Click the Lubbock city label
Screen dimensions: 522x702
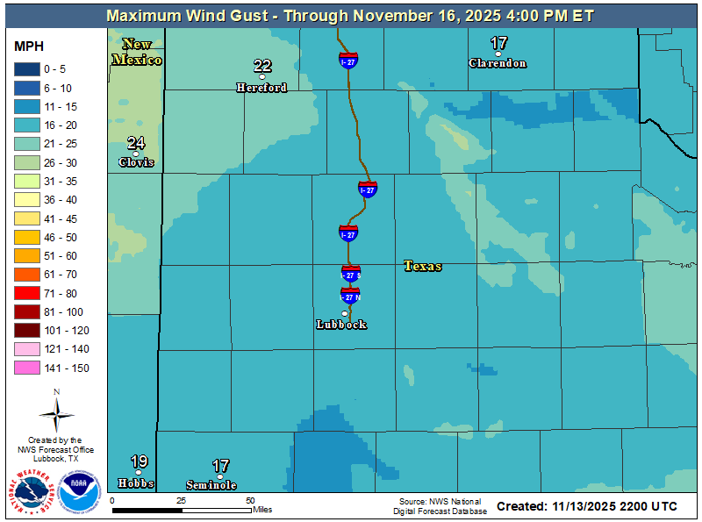click(341, 325)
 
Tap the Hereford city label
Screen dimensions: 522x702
click(261, 88)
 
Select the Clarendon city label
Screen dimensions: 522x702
click(498, 63)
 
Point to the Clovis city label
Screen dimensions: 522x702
click(136, 162)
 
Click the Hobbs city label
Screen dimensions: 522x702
click(136, 483)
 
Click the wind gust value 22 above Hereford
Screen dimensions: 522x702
click(262, 66)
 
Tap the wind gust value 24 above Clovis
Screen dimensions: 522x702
click(136, 143)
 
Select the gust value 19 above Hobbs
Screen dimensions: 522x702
click(139, 461)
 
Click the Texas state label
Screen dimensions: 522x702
click(423, 266)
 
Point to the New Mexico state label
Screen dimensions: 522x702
click(137, 52)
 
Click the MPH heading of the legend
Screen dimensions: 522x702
click(29, 46)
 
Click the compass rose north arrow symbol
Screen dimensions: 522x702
click(56, 412)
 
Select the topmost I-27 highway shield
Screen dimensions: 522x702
click(348, 60)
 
